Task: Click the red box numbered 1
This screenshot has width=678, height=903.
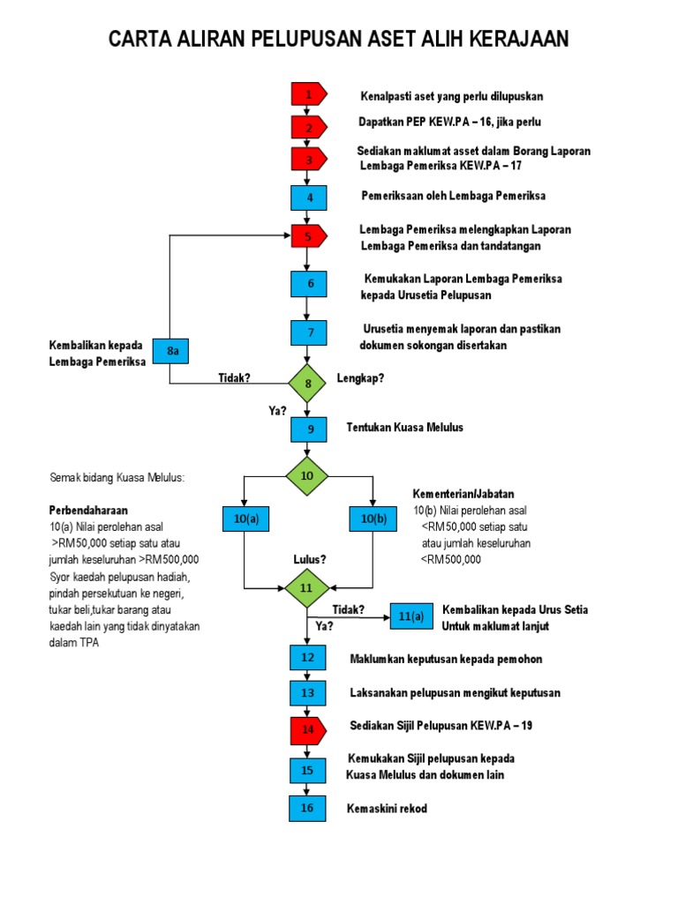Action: tap(309, 94)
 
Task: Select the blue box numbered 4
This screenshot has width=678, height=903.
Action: tap(309, 197)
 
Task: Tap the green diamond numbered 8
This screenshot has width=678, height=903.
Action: tap(308, 383)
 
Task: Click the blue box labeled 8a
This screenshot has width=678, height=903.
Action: tap(173, 352)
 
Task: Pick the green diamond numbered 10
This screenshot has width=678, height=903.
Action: tap(307, 476)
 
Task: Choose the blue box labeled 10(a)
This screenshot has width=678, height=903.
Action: tap(245, 519)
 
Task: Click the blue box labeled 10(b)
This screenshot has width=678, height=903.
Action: tap(373, 519)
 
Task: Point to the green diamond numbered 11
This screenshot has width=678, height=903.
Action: tap(307, 588)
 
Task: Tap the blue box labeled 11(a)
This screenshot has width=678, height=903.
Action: tap(411, 616)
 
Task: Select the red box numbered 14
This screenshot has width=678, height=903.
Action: tap(308, 729)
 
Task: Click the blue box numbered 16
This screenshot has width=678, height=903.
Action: tap(307, 808)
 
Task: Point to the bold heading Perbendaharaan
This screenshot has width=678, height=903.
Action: tap(88, 511)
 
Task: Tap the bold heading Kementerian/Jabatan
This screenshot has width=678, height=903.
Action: tap(463, 494)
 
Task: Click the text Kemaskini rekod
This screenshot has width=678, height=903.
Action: tap(387, 809)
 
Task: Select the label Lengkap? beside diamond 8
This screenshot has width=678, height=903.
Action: tap(360, 379)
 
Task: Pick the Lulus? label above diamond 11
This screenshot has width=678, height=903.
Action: tap(310, 560)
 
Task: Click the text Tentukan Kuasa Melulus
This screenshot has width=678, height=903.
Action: tap(404, 428)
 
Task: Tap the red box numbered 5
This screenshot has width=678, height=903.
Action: tap(309, 236)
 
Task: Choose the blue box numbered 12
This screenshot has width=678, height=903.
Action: tap(307, 658)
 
